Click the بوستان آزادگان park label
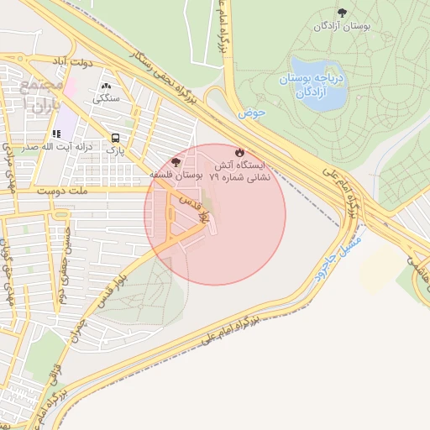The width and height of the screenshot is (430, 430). point(342,27)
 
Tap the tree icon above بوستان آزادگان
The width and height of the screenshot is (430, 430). point(341,12)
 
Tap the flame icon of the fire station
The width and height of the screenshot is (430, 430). point(241,153)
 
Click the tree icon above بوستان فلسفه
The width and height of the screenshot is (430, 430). point(175,161)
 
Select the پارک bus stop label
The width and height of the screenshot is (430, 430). point(114,149)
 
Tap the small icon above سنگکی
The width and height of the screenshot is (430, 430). point(106,86)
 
